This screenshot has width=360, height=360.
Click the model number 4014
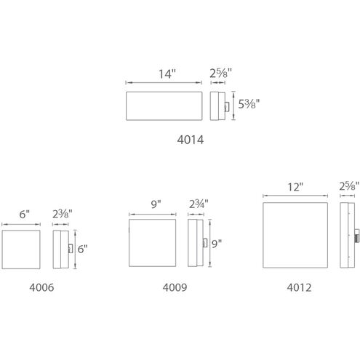(x=191, y=140)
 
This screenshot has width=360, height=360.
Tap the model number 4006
(x=41, y=287)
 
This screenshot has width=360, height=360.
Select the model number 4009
(x=175, y=287)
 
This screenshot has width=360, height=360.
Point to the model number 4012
(x=299, y=287)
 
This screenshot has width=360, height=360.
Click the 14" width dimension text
(x=167, y=74)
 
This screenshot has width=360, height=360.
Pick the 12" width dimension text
(x=295, y=187)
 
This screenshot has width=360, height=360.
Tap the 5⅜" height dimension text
(x=249, y=104)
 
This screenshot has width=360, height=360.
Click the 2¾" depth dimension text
(x=199, y=204)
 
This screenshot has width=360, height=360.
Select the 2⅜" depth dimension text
(x=63, y=214)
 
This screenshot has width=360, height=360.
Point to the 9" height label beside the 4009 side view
(x=217, y=244)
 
